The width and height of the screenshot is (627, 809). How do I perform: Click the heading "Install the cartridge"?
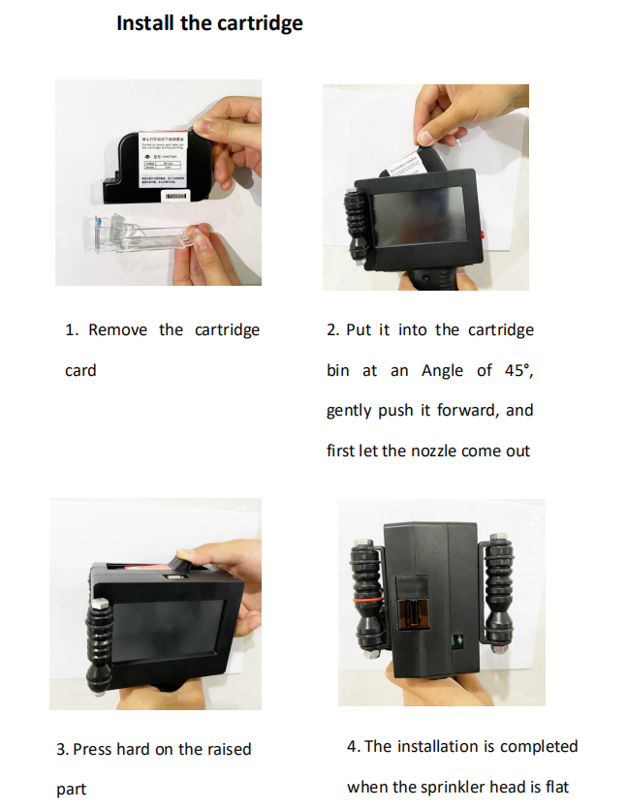209,23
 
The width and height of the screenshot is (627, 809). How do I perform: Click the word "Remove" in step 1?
118,330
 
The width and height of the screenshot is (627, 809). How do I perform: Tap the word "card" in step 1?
80,370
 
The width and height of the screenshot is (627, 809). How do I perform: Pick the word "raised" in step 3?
228,749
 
